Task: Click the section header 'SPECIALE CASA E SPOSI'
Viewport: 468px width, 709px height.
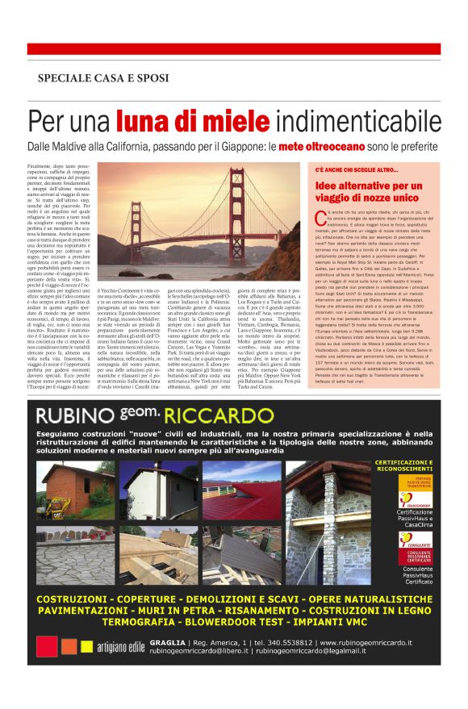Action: (102, 78)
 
